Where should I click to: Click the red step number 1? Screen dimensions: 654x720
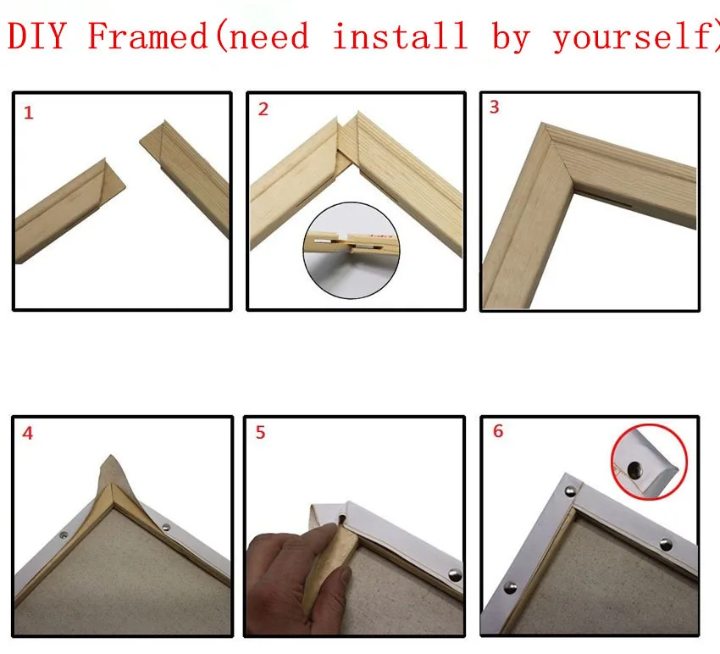click(29, 113)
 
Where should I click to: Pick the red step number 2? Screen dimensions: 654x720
click(263, 110)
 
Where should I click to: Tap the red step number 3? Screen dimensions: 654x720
click(495, 108)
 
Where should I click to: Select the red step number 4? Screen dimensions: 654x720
click(29, 434)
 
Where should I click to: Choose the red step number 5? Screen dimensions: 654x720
click(260, 433)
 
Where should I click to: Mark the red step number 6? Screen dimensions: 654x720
click(497, 431)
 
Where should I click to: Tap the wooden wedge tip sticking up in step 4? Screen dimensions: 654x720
click(110, 471)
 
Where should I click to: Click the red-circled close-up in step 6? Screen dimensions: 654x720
click(645, 462)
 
